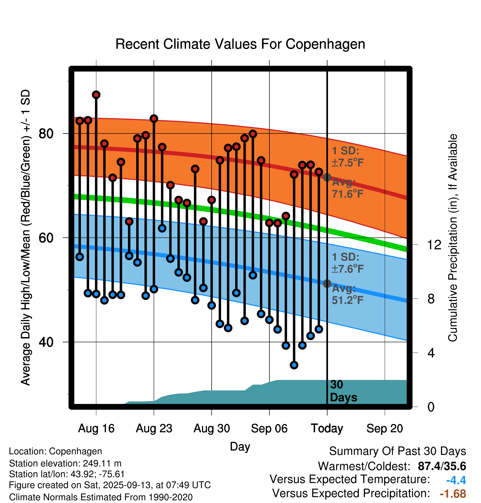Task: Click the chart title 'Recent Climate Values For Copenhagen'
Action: pos(240,44)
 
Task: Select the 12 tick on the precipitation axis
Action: pos(434,245)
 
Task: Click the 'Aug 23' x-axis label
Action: pos(154,428)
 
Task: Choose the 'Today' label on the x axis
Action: pos(327,428)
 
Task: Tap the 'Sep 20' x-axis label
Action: pos(384,428)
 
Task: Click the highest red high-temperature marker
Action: pos(96,95)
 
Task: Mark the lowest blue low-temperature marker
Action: pos(294,365)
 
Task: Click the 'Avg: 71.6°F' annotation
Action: pos(347,188)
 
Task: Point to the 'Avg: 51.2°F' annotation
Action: pos(347,294)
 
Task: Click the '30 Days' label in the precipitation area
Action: pos(343,391)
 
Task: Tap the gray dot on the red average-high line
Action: pos(327,177)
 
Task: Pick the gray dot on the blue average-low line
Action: pos(327,283)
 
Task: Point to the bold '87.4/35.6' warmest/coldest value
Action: pos(442,466)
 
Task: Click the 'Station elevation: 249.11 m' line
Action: pos(65,463)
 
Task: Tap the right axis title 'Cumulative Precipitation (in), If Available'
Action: pos(453,238)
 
